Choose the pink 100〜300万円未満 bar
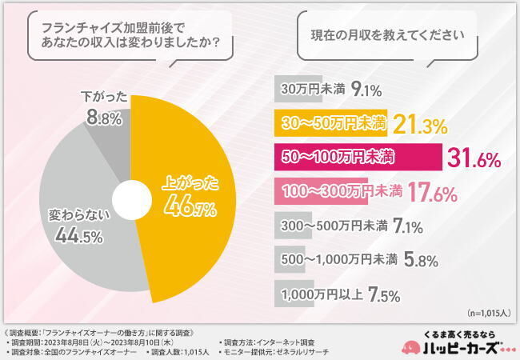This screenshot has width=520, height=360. coord(321,192)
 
